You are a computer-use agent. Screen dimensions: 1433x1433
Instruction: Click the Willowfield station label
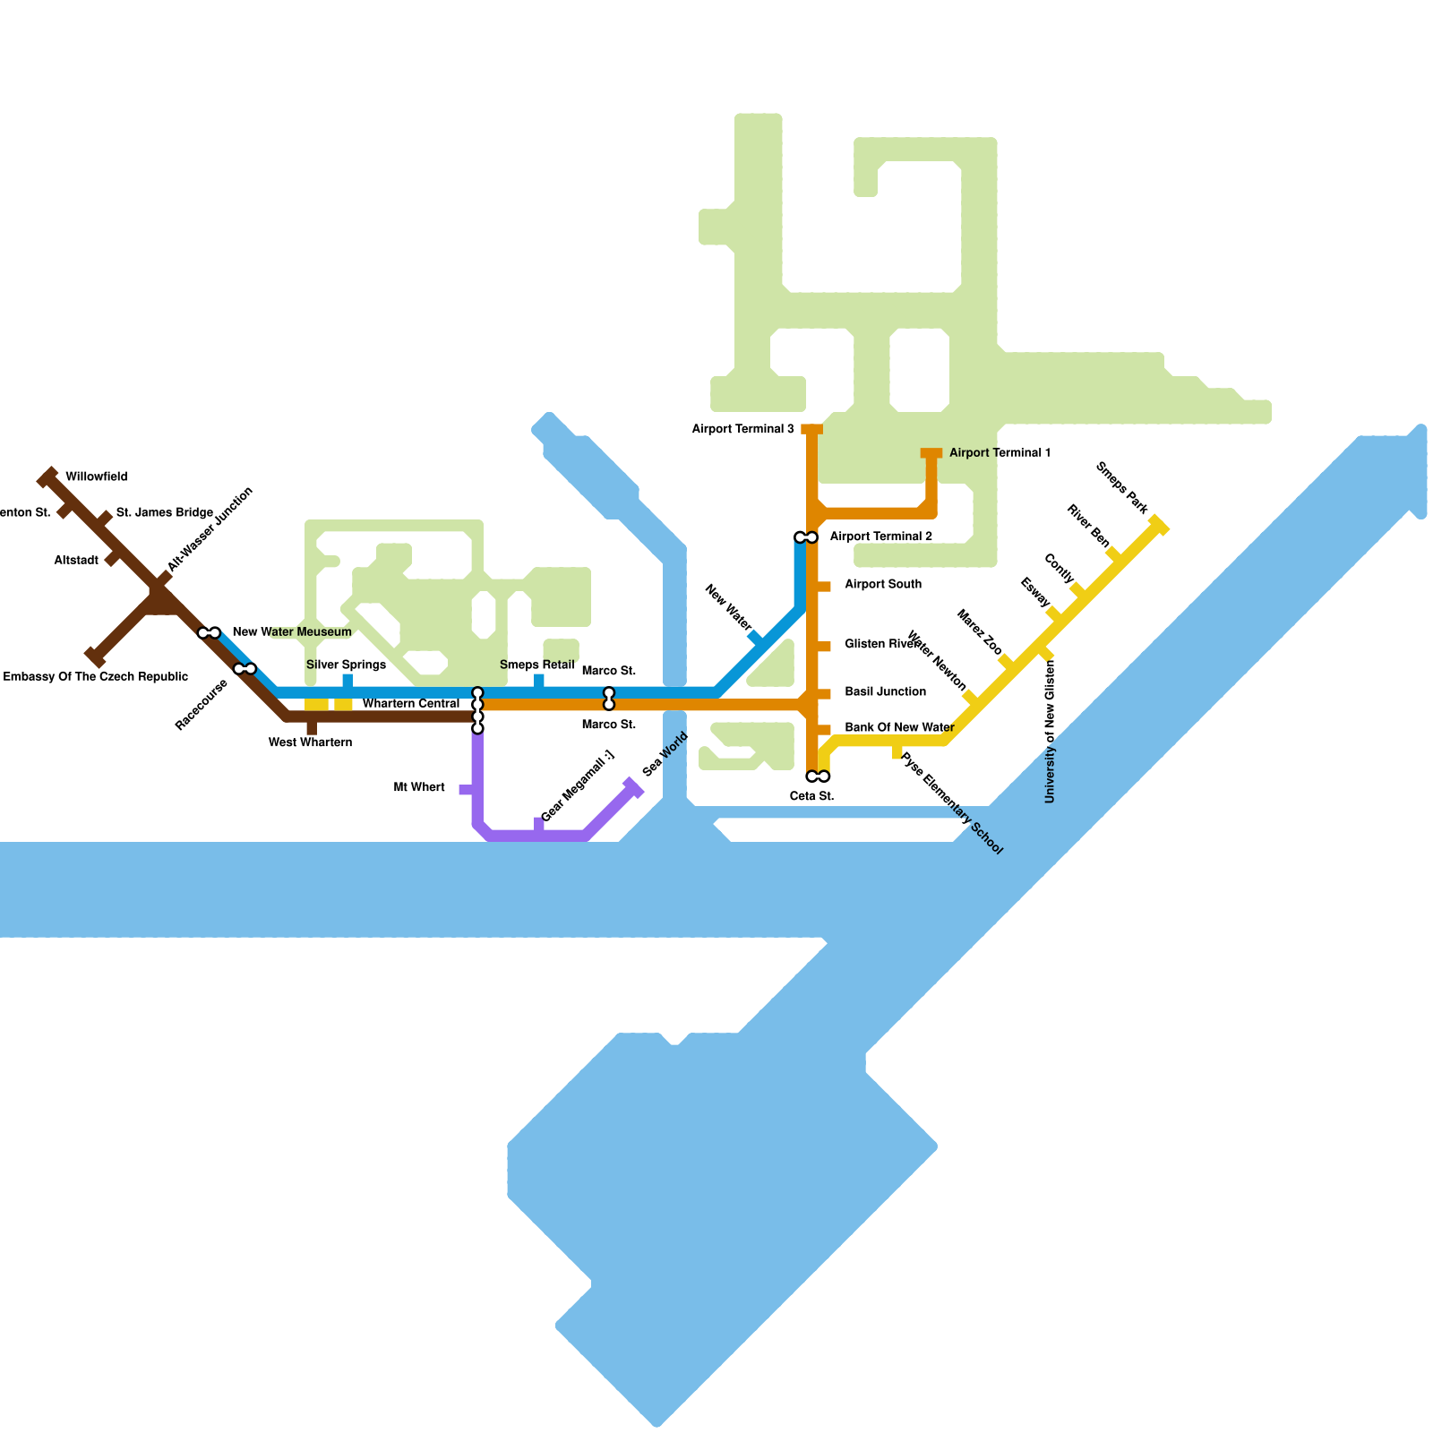click(x=97, y=477)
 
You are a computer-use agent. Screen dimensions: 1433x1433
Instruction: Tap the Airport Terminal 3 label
click(x=742, y=430)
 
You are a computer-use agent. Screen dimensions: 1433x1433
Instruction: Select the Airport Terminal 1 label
click(x=1000, y=453)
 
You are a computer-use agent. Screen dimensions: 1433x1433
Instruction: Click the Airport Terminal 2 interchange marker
click(x=806, y=537)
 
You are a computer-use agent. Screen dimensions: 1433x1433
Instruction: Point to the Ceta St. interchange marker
click(x=818, y=777)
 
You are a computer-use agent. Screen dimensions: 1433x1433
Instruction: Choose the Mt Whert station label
click(x=419, y=788)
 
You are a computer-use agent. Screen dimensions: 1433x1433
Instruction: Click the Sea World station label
click(x=665, y=754)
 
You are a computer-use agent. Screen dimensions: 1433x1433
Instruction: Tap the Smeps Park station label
click(x=1121, y=488)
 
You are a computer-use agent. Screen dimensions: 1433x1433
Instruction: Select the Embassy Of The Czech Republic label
click(x=96, y=677)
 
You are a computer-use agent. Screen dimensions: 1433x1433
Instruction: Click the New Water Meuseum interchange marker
click(x=210, y=633)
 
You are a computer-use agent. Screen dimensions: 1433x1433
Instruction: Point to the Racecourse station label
click(x=202, y=705)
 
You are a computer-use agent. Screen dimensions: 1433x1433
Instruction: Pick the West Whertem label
click(x=310, y=742)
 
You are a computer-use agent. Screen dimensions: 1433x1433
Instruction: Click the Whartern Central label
click(x=411, y=704)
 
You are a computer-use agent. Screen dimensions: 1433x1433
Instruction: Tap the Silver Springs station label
click(x=346, y=665)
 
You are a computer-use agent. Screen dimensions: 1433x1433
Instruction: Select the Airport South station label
click(x=882, y=585)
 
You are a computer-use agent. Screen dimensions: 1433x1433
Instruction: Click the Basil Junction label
click(x=885, y=692)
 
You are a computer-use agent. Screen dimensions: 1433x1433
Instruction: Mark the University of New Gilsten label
click(x=1051, y=731)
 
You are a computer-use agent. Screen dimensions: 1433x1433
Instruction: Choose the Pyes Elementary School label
click(x=951, y=803)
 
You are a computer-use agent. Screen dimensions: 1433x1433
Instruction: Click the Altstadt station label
click(x=76, y=561)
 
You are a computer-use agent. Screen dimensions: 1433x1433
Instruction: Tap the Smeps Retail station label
click(x=536, y=665)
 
